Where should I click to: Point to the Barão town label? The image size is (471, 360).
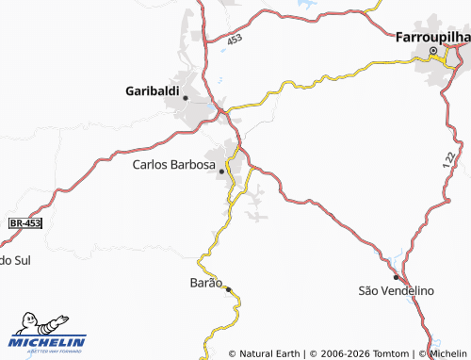(206, 283)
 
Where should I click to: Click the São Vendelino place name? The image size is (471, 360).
(396, 290)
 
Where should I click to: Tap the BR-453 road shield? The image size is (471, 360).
(25, 223)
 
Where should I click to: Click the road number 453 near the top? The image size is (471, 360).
(234, 38)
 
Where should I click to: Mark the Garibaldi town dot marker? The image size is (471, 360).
(186, 97)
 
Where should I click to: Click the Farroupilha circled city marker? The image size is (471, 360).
(433, 51)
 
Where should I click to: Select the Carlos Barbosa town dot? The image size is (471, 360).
(222, 172)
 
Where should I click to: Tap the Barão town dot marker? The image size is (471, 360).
(228, 290)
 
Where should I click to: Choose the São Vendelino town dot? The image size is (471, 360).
(397, 278)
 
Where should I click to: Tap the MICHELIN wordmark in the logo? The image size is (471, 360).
(47, 341)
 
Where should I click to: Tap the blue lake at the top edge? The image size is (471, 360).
(306, 4)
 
